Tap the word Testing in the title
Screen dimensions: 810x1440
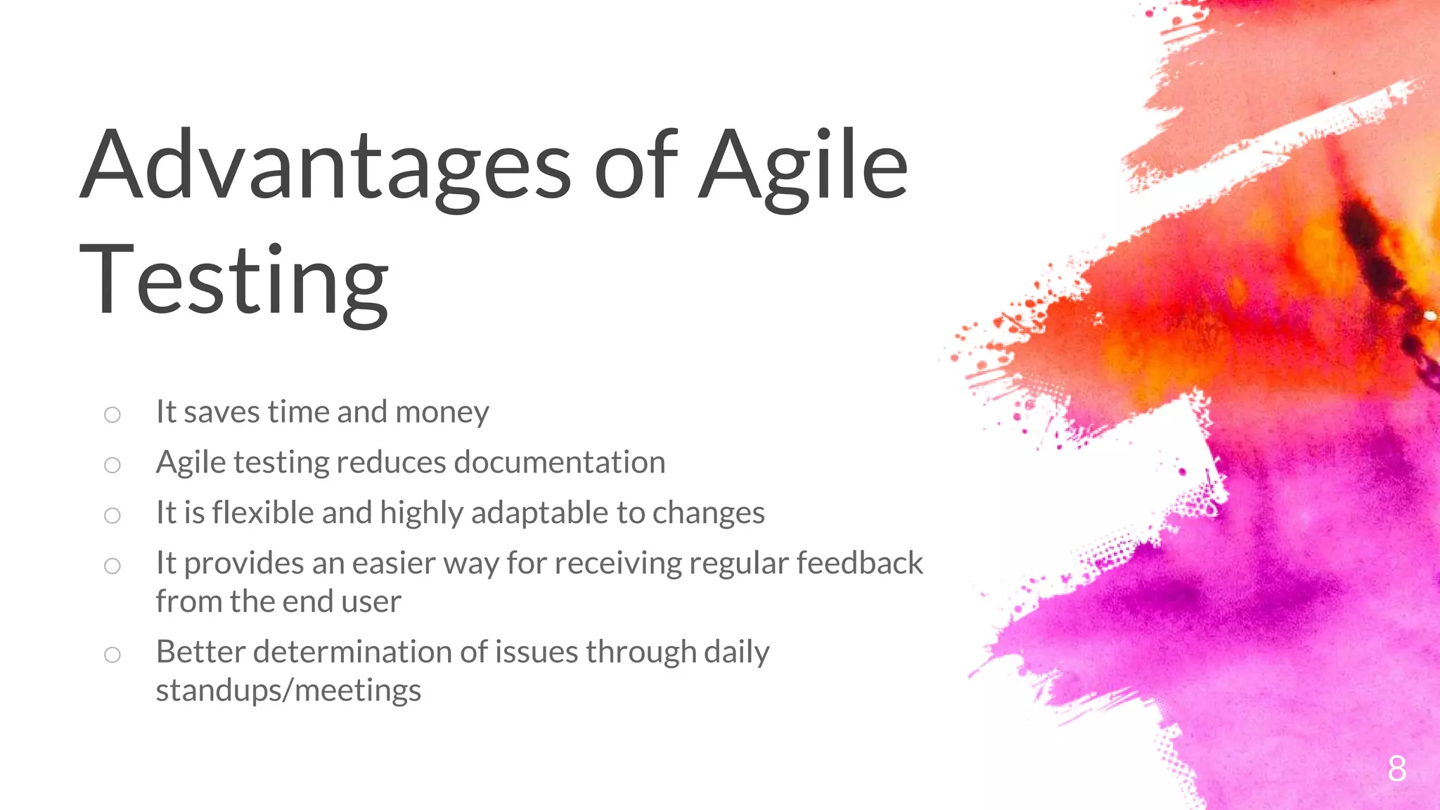click(233, 281)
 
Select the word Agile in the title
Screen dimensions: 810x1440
click(803, 166)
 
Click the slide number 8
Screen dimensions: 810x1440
click(1396, 769)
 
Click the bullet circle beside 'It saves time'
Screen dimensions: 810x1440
click(112, 415)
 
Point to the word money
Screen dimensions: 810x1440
click(442, 412)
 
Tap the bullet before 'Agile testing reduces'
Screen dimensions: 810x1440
click(112, 465)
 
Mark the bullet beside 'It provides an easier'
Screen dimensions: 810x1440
click(112, 566)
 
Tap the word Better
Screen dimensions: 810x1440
click(200, 652)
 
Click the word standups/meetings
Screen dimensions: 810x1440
click(288, 690)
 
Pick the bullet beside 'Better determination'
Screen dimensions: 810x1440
click(112, 655)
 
